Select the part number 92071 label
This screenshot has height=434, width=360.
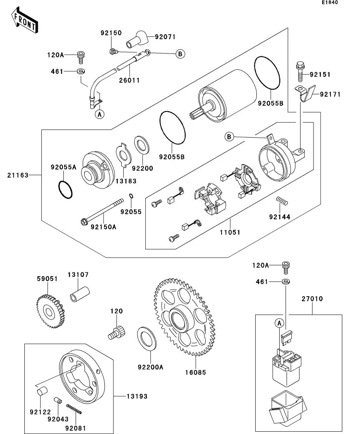pos(165,37)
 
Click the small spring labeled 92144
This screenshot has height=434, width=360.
pos(282,201)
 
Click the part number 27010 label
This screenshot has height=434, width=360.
pos(313,299)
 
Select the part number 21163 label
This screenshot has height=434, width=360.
pos(18,175)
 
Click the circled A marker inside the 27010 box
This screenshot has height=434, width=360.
pos(279,323)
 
